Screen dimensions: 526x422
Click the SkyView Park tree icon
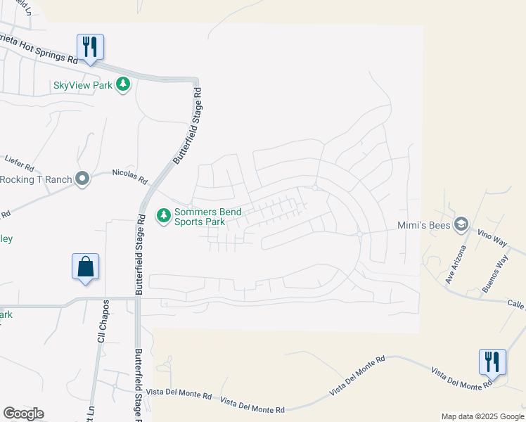(x=124, y=85)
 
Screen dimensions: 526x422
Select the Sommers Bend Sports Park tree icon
(x=163, y=215)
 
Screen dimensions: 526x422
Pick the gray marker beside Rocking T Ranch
(x=83, y=179)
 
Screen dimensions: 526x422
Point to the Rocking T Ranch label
(x=37, y=179)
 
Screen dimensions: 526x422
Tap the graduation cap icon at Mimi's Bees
(x=461, y=224)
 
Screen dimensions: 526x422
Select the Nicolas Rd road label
(x=130, y=175)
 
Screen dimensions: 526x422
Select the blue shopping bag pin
(x=85, y=267)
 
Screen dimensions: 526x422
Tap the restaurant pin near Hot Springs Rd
(x=90, y=47)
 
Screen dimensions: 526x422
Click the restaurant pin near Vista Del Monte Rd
(x=492, y=362)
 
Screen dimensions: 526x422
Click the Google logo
(x=24, y=414)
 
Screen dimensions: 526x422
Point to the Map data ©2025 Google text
(x=482, y=416)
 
